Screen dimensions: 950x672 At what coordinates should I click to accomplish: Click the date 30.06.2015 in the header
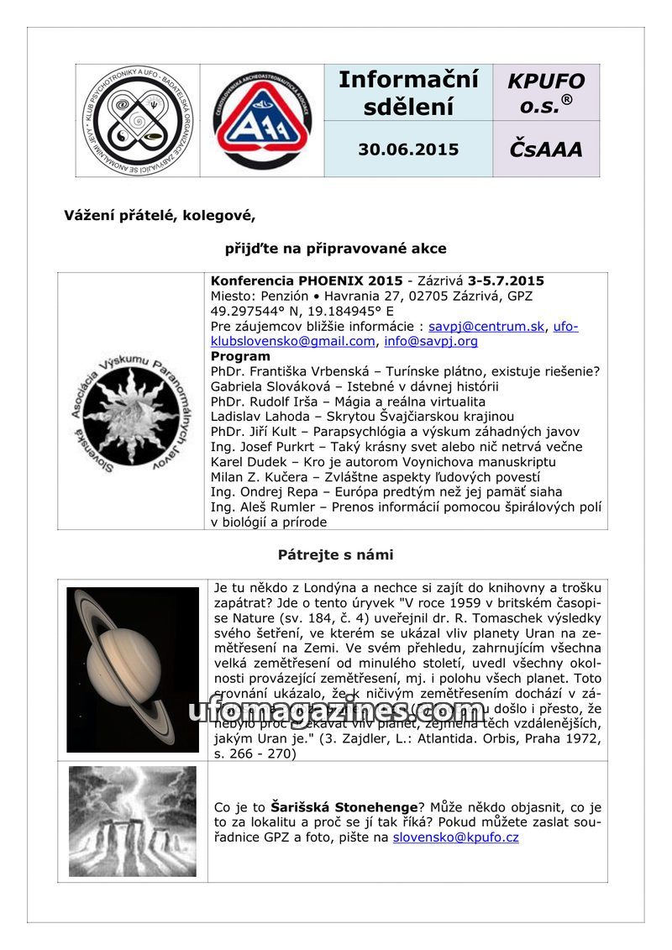(x=408, y=150)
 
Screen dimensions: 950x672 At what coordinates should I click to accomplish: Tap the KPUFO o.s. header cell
(x=546, y=92)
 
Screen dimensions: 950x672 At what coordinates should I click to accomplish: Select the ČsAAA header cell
(x=546, y=150)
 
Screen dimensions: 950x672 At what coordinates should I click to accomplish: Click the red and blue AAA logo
(x=262, y=120)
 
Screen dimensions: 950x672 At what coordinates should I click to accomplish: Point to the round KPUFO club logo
(x=138, y=120)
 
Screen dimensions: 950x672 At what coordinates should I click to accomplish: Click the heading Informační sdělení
(x=408, y=92)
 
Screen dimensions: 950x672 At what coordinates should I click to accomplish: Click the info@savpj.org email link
(x=430, y=341)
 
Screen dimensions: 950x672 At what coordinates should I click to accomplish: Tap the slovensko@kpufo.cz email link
(x=455, y=837)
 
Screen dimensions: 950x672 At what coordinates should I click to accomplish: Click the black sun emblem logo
(x=131, y=402)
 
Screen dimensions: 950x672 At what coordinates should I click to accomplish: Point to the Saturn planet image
(x=133, y=669)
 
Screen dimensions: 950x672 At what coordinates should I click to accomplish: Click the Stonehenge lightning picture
(x=133, y=821)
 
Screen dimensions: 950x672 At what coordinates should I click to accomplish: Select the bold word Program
(x=240, y=356)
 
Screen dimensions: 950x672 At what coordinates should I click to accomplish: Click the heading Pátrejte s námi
(x=335, y=554)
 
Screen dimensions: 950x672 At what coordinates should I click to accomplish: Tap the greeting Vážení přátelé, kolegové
(x=160, y=215)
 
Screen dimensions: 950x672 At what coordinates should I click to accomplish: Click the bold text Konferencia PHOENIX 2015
(x=307, y=281)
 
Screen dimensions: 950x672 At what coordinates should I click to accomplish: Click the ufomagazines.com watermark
(x=336, y=711)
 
